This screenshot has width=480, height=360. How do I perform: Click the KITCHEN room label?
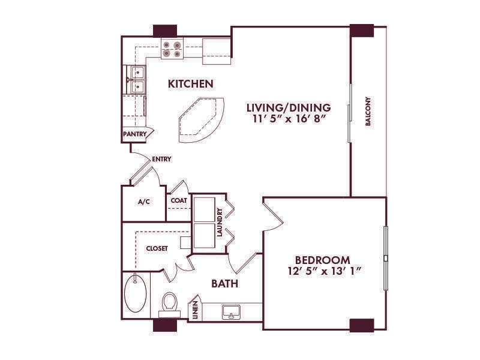190,84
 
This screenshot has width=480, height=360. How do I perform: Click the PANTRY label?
134,134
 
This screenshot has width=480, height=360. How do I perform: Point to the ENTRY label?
162,159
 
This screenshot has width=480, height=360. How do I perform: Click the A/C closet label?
144,202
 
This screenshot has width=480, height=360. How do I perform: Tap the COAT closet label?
178,201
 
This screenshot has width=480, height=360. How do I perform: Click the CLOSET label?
157,248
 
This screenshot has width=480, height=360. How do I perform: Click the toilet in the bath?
170,303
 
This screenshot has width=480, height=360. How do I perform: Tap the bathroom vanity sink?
231,312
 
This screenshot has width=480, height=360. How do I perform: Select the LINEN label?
196,311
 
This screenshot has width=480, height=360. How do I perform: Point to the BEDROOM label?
322,260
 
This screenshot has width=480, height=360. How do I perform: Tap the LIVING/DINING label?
289,107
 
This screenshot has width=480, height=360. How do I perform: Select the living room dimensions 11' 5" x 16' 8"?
289,119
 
